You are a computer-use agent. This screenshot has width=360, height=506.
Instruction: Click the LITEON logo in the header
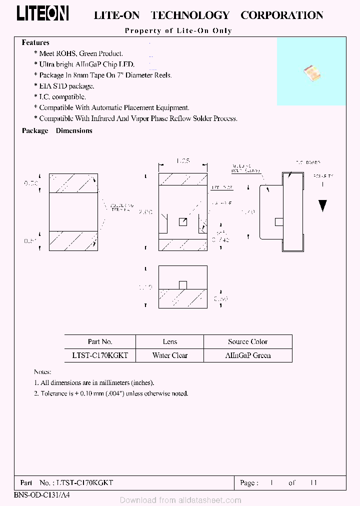42,14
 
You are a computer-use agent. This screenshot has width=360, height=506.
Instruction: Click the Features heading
35,43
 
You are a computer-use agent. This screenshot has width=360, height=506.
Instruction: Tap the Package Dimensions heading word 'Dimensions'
74,130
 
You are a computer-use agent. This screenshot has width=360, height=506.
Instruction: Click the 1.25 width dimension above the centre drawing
183,161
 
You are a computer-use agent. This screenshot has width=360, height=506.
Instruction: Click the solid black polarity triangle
323,205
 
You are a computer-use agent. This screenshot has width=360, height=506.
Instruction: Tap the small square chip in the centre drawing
183,222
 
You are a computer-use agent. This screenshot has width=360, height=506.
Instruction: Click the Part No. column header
100,342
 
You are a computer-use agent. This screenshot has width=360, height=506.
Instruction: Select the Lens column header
170,342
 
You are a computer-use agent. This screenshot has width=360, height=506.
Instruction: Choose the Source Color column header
247,342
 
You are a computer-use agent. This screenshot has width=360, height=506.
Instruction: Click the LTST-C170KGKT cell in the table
100,355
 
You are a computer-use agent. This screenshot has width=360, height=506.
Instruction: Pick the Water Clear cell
170,355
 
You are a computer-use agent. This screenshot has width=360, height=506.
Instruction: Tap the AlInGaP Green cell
247,355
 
